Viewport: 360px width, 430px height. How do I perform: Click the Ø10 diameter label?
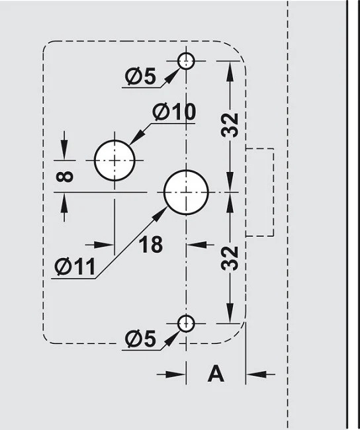(x=174, y=112)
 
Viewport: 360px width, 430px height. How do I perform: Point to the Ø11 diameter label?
(x=75, y=267)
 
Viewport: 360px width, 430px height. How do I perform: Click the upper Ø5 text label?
(x=140, y=76)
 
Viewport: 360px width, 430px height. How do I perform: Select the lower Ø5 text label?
(x=140, y=339)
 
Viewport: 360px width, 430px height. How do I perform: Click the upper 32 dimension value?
(x=230, y=125)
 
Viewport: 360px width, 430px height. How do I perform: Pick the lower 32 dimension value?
(x=230, y=258)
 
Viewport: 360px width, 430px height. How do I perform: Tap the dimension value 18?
(x=151, y=244)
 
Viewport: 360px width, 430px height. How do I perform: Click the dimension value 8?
(x=64, y=177)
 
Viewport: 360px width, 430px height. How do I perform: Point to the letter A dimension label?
(x=216, y=374)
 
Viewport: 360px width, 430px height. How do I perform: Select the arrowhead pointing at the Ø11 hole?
(x=160, y=214)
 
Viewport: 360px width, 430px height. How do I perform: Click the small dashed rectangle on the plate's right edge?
(x=273, y=192)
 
